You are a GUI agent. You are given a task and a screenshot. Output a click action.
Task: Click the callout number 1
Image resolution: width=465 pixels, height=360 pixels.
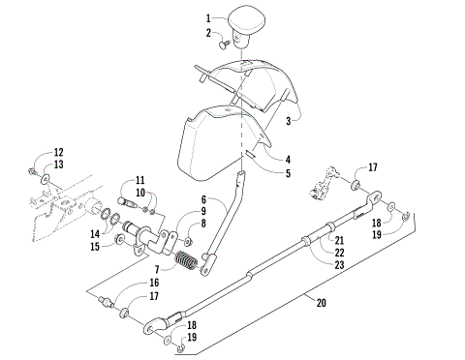(207, 18)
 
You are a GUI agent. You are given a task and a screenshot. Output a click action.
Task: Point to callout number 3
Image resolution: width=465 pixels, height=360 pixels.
(289, 121)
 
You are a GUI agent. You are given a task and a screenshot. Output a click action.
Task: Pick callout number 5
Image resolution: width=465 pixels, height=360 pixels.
(260, 174)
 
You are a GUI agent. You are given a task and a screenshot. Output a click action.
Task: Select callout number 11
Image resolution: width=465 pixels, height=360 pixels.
(139, 180)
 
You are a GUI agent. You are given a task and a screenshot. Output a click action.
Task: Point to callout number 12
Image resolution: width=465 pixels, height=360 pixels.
(57, 152)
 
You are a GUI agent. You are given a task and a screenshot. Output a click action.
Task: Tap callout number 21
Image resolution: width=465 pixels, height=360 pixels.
(339, 240)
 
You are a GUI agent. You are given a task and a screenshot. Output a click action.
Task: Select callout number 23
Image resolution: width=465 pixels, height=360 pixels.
(339, 265)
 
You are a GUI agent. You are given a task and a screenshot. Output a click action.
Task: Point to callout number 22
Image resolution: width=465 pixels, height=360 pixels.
(339, 253)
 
